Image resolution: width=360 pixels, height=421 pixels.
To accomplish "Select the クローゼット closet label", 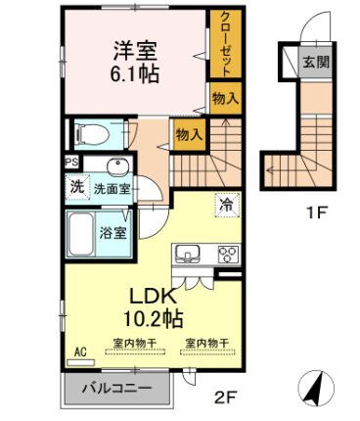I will tap(225, 43).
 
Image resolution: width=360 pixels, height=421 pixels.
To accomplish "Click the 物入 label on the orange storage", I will tap(224, 100).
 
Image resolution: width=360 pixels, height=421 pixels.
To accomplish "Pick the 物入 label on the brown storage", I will tap(188, 134).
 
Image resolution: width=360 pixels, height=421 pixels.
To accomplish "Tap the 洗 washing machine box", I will tap(75, 185).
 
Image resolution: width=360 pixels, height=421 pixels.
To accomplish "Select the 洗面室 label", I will tap(112, 185).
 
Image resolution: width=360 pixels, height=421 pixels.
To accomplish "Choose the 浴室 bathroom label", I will tap(113, 233).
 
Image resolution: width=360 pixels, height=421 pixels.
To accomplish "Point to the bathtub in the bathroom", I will tap(86, 232).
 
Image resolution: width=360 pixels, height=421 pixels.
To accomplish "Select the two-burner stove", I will tap(228, 255).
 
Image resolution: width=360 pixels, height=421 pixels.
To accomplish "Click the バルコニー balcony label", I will tap(116, 389).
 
